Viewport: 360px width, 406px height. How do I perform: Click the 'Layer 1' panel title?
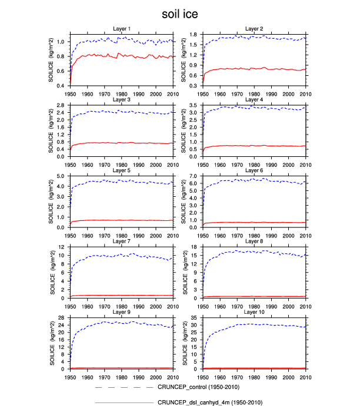pos(121,29)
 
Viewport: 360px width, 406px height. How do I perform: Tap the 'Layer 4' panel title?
pos(254,99)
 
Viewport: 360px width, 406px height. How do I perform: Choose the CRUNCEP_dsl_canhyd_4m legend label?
pos(209,402)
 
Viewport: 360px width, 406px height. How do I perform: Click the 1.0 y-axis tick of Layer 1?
pos(63,42)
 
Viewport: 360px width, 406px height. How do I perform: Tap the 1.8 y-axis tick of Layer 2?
pos(196,35)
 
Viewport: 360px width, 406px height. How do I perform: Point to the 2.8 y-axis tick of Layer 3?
pos(63,105)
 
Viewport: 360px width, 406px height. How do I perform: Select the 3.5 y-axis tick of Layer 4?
pos(196,105)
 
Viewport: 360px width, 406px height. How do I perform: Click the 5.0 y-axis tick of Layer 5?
pos(63,176)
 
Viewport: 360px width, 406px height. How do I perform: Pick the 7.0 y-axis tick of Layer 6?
pos(196,176)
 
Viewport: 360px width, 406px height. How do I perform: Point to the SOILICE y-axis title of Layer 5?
pos(54,202)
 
